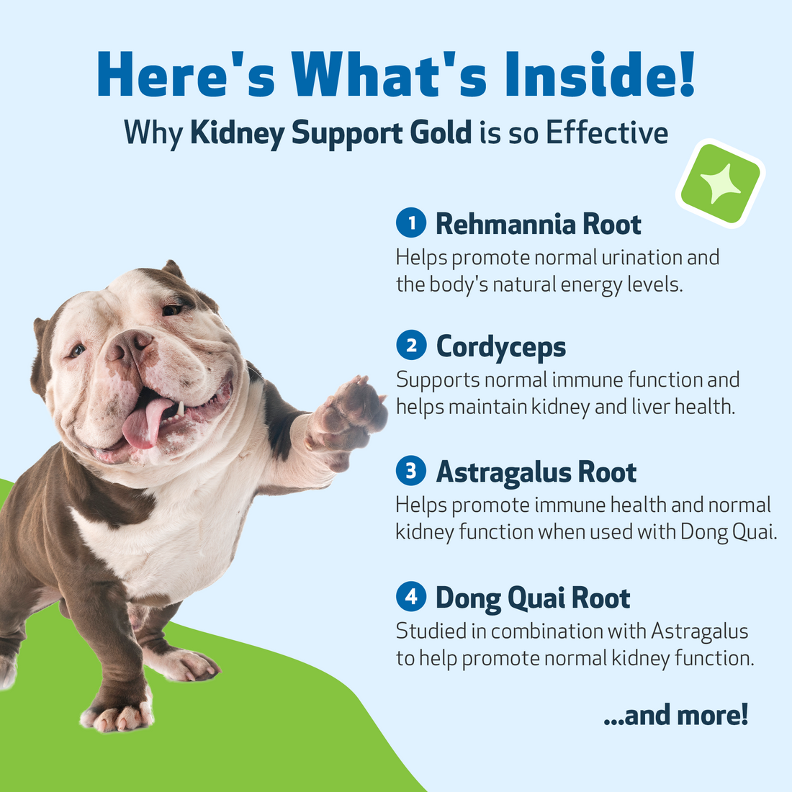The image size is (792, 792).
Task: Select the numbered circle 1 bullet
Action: click(x=411, y=223)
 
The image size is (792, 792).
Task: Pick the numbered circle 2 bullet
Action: click(x=411, y=346)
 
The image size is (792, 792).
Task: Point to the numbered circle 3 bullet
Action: click(x=411, y=472)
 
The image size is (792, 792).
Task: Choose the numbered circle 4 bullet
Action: click(x=411, y=597)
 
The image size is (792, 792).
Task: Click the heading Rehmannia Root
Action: click(x=538, y=224)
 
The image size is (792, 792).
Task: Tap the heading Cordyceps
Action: click(x=501, y=347)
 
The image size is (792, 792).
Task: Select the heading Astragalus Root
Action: click(x=536, y=472)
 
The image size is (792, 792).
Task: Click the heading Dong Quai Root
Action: click(x=533, y=598)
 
